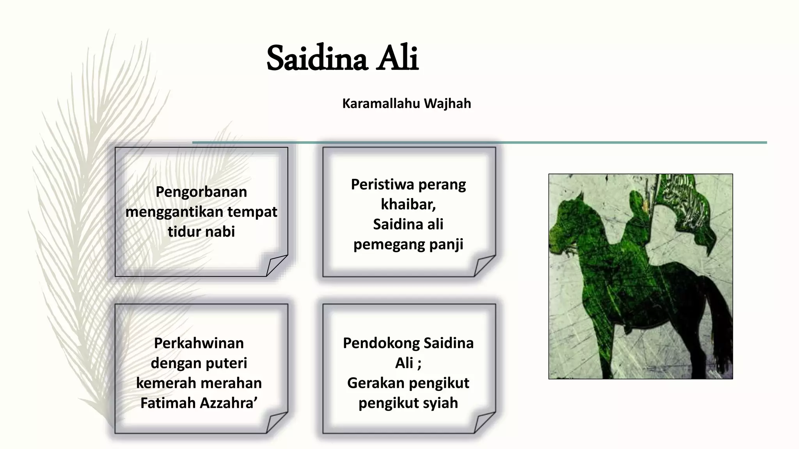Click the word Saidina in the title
[x=317, y=59]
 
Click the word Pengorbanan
[x=201, y=192]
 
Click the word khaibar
[x=407, y=204]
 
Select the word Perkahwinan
[x=199, y=343]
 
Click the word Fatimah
[x=168, y=403]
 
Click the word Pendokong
[x=381, y=343]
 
